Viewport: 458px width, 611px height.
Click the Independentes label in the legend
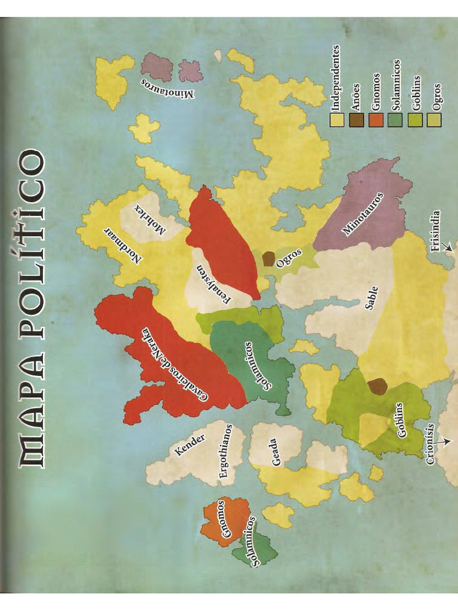[x=336, y=78]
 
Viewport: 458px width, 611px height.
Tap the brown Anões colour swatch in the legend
[x=357, y=121]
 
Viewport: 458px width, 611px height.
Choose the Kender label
[x=190, y=445]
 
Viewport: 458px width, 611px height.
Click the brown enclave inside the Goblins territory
[x=377, y=386]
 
